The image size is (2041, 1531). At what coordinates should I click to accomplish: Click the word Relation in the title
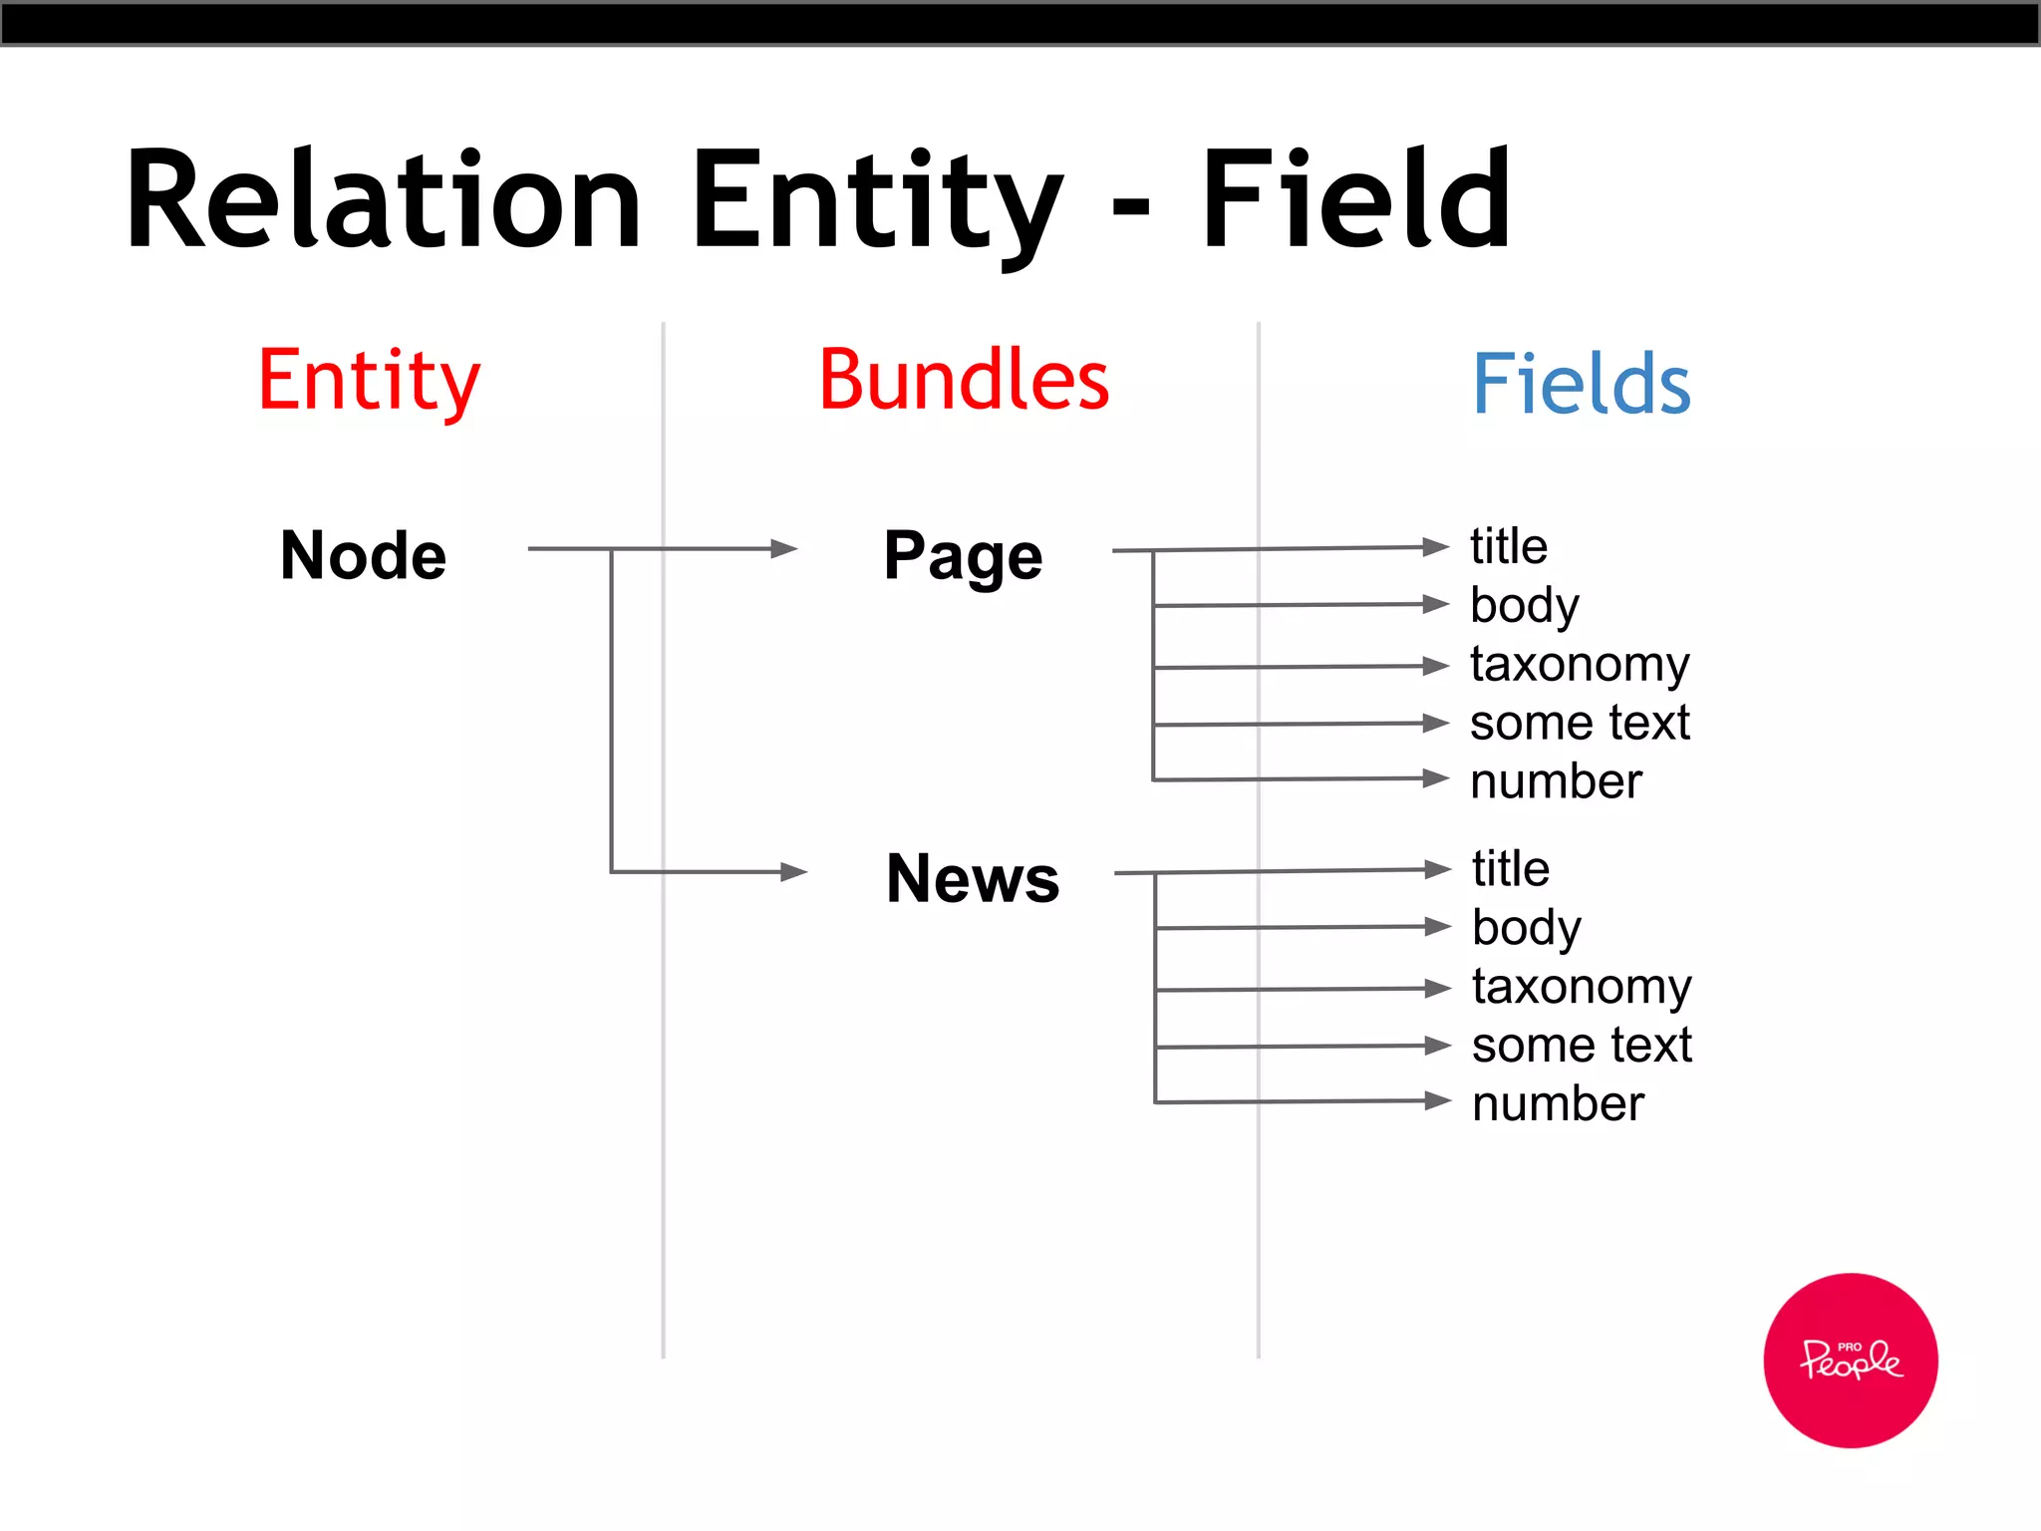[384, 199]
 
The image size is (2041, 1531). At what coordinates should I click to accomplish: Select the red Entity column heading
[369, 382]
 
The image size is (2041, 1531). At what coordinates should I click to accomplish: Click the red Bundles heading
[964, 380]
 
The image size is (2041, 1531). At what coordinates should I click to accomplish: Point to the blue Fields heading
[1582, 384]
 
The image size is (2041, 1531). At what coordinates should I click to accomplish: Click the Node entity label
[364, 555]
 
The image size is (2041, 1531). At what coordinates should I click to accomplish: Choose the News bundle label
[973, 879]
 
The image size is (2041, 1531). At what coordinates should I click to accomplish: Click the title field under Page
[1509, 546]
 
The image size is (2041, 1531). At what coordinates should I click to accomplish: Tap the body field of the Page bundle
[1525, 606]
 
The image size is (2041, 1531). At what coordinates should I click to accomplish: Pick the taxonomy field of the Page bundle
[1580, 665]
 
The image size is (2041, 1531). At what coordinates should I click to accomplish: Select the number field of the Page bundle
[1556, 780]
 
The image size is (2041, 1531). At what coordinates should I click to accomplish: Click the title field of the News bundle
[1511, 869]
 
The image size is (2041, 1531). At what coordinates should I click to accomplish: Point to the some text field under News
[1582, 1045]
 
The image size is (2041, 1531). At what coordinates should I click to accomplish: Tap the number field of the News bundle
[1558, 1103]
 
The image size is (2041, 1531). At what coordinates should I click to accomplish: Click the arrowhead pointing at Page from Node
[784, 548]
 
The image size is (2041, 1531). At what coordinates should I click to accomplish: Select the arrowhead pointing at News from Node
[793, 872]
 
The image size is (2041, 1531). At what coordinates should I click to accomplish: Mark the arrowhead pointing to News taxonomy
[1437, 989]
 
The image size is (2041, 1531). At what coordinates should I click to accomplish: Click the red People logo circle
[1851, 1360]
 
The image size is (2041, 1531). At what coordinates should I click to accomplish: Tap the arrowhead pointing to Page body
[1435, 604]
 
